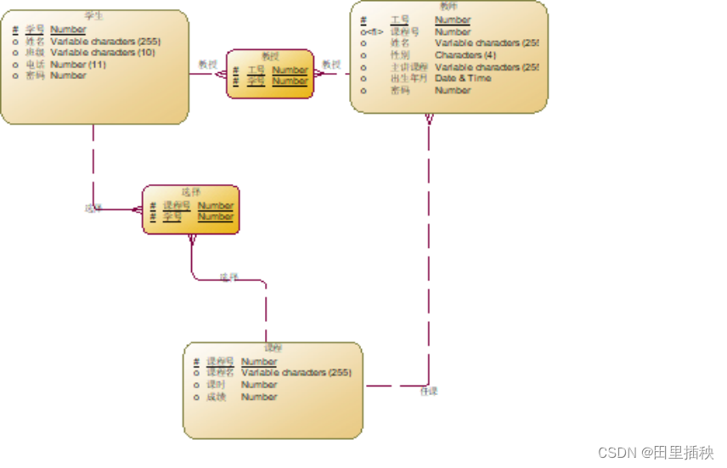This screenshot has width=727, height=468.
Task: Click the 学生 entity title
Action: [x=94, y=16]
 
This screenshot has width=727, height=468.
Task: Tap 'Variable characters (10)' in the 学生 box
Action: [x=103, y=52]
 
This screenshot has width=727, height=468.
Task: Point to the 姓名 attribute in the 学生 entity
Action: [x=35, y=41]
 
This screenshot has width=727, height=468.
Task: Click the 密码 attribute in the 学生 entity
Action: [x=35, y=76]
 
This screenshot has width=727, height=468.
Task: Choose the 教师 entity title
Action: [x=448, y=7]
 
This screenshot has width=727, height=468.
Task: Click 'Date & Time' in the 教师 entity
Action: [x=463, y=78]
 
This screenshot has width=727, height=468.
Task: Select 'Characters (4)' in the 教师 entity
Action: [x=465, y=54]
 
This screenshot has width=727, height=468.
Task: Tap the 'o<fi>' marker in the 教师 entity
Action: [x=371, y=31]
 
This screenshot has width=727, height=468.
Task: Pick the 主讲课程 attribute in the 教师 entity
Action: [x=409, y=66]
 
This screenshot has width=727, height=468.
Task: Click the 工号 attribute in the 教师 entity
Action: [x=399, y=20]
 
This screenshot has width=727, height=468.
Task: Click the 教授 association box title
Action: [x=270, y=56]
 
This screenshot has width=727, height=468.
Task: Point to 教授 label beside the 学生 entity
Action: [x=208, y=64]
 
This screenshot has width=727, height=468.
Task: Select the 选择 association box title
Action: [x=191, y=192]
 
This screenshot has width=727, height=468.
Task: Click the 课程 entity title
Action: [x=273, y=347]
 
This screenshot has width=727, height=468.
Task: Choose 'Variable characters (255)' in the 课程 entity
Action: [x=296, y=372]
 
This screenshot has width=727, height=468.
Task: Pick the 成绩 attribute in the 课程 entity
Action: [x=217, y=397]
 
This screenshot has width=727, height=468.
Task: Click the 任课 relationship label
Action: [x=430, y=392]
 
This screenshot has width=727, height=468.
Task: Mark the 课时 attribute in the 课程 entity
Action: [x=217, y=385]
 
